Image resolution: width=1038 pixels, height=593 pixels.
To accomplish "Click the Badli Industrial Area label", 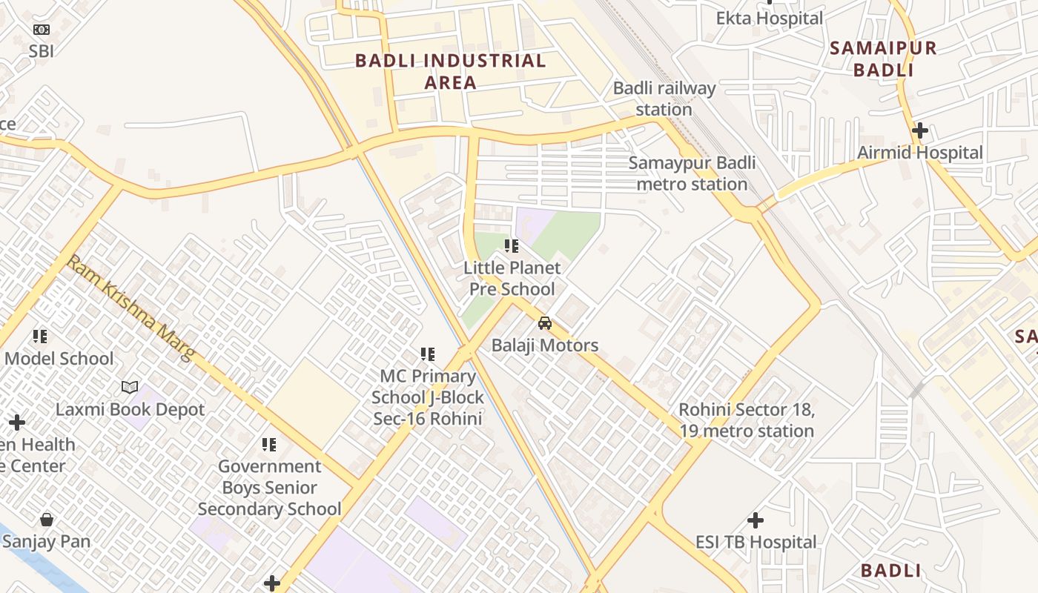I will click(450, 71).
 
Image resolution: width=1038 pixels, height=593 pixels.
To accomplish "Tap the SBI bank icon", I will click(42, 30).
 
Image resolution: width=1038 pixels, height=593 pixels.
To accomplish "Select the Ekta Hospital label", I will click(769, 18).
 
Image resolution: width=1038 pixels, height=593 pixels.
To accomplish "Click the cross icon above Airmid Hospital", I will click(919, 131).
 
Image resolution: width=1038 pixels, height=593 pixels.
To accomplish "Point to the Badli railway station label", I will click(664, 99).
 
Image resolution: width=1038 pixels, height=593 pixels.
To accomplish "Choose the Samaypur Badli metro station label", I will click(692, 173).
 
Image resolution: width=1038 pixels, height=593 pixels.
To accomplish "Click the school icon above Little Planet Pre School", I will click(511, 245).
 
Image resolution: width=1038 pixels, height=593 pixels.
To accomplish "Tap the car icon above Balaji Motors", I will click(545, 323).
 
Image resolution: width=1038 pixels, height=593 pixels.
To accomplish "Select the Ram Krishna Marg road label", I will click(130, 308).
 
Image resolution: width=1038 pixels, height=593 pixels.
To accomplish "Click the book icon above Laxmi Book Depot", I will click(130, 387).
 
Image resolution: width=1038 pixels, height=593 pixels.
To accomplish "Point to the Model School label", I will click(59, 359).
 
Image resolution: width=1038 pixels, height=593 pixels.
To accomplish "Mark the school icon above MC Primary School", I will click(428, 354).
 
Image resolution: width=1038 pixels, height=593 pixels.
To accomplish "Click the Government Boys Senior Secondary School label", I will click(269, 488).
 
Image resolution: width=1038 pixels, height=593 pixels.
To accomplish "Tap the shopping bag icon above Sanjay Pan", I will click(47, 520).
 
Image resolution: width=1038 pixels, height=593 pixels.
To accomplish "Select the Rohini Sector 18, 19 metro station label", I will click(747, 420).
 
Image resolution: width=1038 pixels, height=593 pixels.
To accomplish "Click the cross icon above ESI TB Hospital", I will click(755, 520).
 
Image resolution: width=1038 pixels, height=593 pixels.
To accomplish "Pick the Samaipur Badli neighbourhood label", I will click(882, 59).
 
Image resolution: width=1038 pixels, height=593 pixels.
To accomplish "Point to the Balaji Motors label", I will click(545, 345).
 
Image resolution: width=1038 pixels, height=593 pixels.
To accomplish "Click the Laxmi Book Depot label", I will click(130, 409).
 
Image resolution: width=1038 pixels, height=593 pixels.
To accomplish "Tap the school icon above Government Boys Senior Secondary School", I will click(268, 445).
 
